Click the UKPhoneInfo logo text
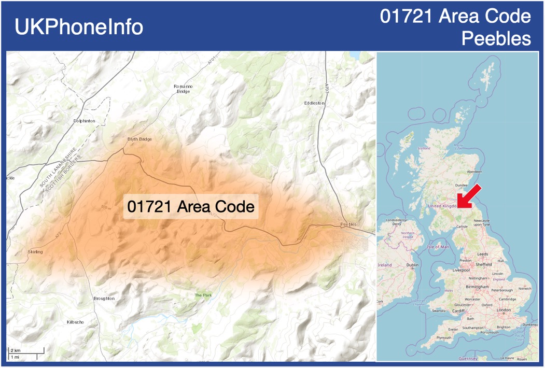tap(79, 27)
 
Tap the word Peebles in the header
tap(496, 39)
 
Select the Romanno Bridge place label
tap(183, 88)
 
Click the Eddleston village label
tap(314, 103)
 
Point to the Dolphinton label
tap(85, 121)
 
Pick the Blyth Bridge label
tap(139, 139)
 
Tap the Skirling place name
tap(35, 252)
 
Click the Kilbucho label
tap(75, 322)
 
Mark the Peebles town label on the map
tap(350, 224)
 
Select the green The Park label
tap(203, 295)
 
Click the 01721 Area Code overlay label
tap(191, 206)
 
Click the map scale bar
tap(26, 353)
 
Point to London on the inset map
tap(504, 310)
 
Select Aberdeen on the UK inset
tap(474, 172)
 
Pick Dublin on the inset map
tap(412, 265)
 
